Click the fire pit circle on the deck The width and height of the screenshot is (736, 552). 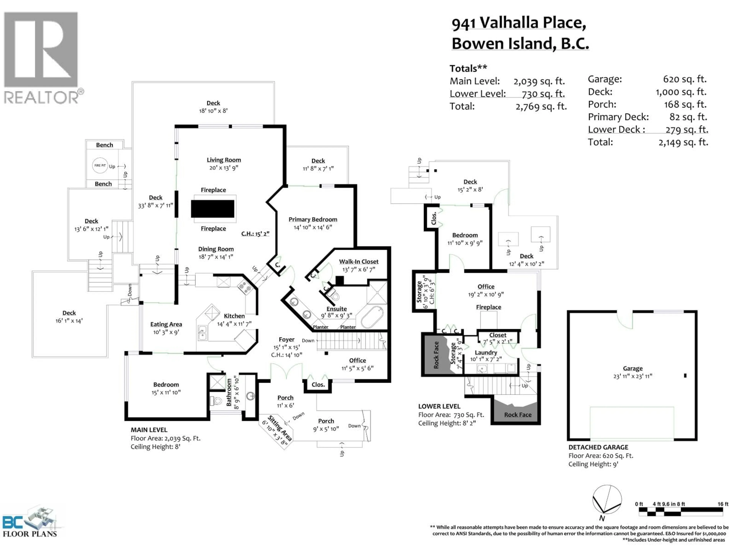tap(100, 165)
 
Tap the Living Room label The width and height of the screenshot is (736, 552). tap(224, 160)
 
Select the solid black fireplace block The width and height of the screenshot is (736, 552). tap(212, 209)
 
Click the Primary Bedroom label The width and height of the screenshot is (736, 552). tap(313, 219)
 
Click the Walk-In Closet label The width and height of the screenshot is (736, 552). tap(359, 261)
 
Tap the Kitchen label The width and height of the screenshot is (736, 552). tap(234, 316)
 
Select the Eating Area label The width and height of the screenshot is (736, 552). tap(166, 324)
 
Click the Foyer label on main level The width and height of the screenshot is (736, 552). tap(287, 339)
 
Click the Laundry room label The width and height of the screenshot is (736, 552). tap(486, 352)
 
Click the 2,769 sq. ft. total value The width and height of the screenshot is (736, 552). tap(541, 107)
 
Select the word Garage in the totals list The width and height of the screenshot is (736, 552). tap(605, 79)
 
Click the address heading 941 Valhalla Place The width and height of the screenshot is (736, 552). tap(518, 23)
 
